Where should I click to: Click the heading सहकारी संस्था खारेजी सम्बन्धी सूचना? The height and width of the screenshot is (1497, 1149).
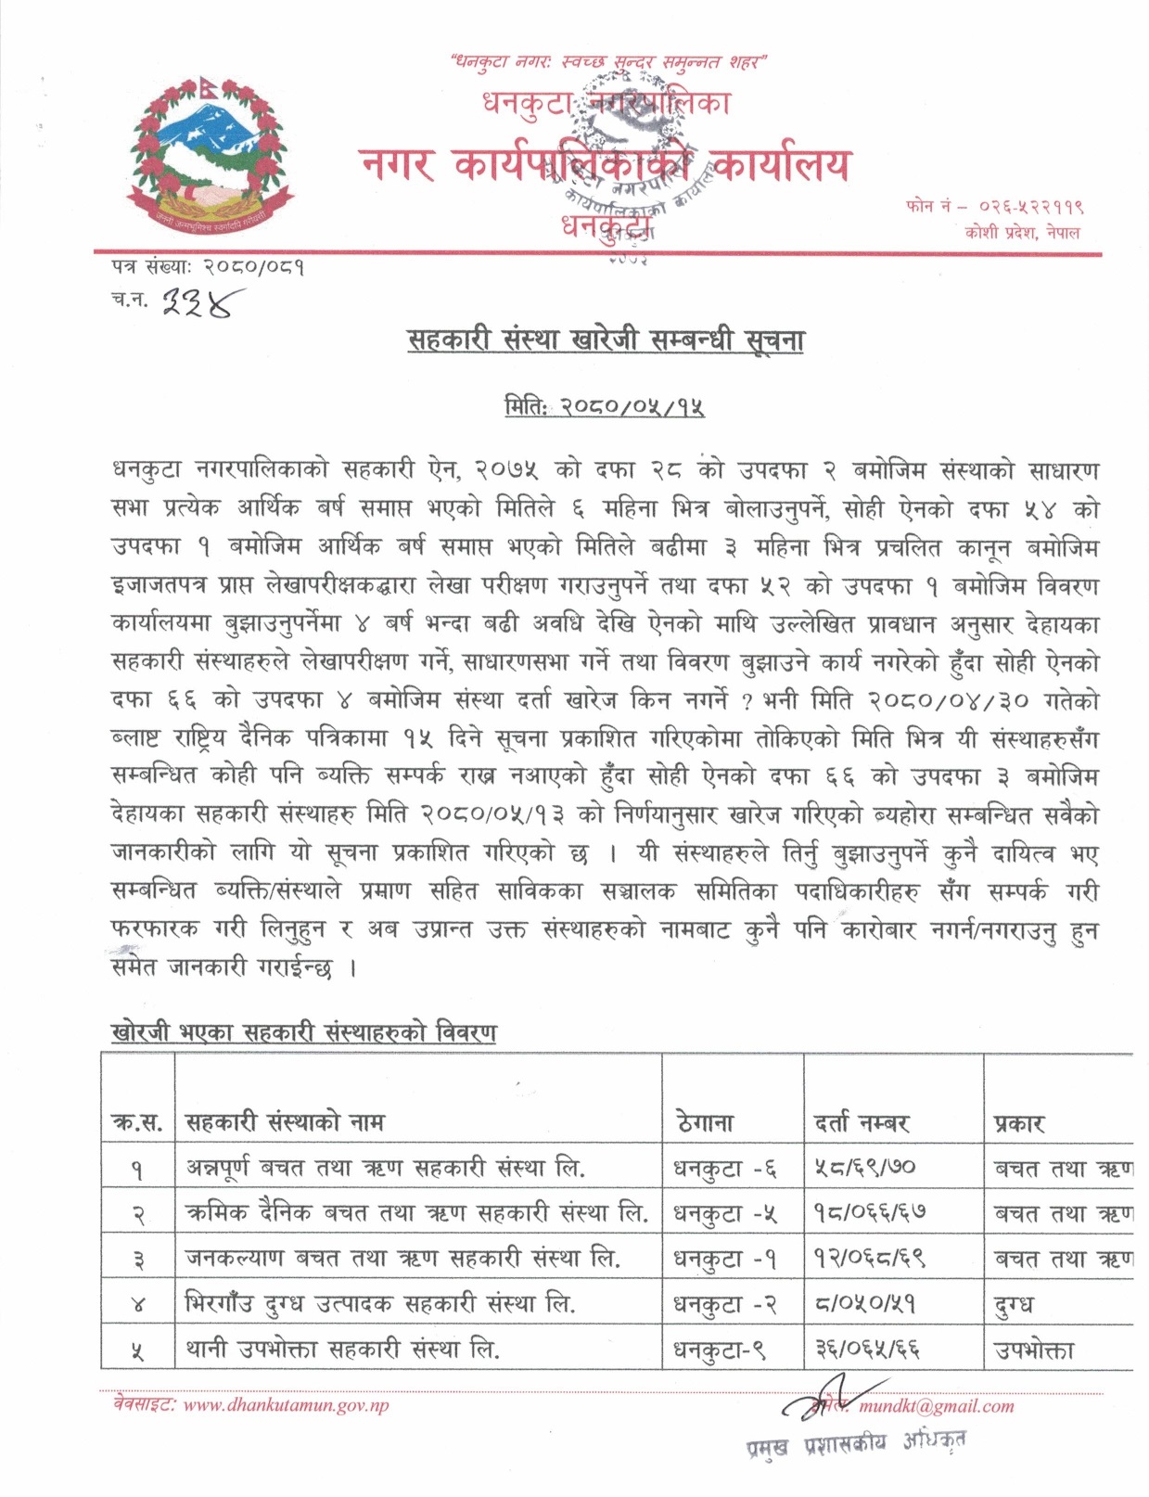pyautogui.click(x=606, y=340)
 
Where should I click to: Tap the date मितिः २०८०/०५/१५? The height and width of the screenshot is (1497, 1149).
pyautogui.click(x=605, y=406)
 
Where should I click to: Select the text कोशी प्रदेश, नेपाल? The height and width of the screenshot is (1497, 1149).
pyautogui.click(x=1022, y=232)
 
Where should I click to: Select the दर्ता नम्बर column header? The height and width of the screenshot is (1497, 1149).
pyautogui.click(x=862, y=1123)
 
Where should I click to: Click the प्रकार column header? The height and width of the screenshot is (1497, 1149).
pyautogui.click(x=1019, y=1123)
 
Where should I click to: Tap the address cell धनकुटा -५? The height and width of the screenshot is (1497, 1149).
pyautogui.click(x=725, y=1212)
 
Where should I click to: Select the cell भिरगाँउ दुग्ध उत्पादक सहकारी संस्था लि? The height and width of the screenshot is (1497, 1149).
pyautogui.click(x=380, y=1303)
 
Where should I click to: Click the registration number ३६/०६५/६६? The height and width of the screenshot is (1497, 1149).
pyautogui.click(x=867, y=1349)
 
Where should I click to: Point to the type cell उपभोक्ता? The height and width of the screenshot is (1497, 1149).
pyautogui.click(x=1034, y=1349)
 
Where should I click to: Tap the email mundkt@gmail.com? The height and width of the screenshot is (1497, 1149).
pyautogui.click(x=937, y=1406)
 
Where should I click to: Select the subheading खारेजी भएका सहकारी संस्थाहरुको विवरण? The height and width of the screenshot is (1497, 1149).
pyautogui.click(x=302, y=1032)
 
